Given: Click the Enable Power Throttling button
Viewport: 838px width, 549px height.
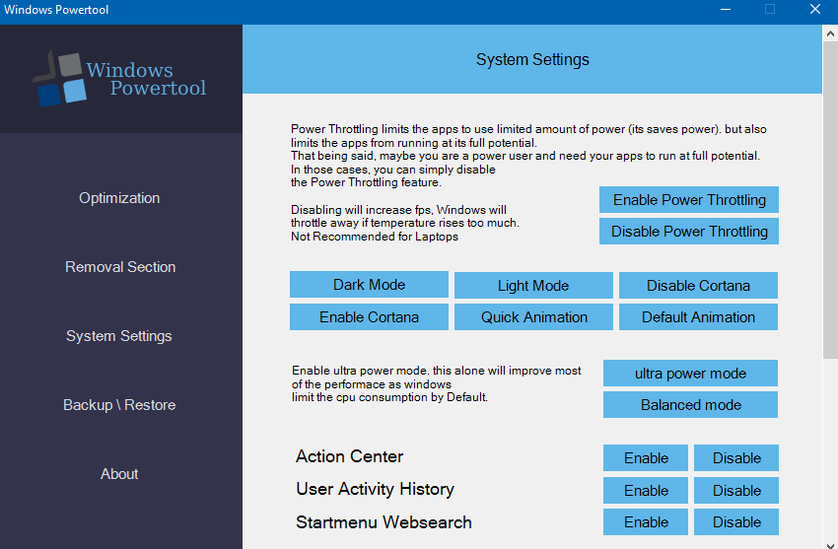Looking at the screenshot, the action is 689,200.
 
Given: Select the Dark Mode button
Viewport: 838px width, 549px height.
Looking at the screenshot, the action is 369,284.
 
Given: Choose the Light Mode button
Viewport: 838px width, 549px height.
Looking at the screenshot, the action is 533,285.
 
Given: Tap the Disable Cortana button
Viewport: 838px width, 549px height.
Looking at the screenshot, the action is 698,285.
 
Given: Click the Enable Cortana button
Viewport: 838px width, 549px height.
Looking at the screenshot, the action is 369,316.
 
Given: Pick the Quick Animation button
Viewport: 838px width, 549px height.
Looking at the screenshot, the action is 533,316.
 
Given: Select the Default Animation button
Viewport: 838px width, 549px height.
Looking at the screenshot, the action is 698,316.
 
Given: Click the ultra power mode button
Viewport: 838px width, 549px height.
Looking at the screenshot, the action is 690,373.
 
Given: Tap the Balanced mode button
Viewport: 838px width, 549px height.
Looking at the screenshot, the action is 690,405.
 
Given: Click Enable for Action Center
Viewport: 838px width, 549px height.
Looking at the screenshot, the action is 646,457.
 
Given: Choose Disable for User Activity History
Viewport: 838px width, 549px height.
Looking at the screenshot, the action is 736,490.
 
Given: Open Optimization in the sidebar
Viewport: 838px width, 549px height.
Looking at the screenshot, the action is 119,198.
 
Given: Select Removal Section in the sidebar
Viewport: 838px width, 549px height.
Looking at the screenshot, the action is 120,267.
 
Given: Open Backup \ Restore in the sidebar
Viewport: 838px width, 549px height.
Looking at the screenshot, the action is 119,405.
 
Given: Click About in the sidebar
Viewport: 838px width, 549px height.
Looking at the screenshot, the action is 119,474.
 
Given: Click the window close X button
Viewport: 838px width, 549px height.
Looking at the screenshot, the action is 815,9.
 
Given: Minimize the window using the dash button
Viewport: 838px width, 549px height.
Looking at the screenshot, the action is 726,10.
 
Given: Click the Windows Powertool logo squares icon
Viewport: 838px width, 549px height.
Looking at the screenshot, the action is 59,79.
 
